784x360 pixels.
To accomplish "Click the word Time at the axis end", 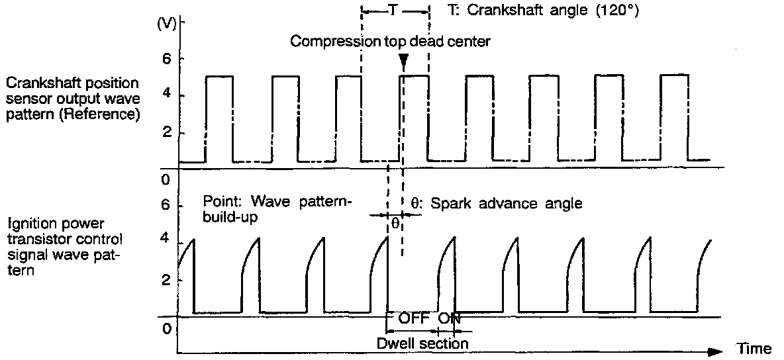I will point(755,349).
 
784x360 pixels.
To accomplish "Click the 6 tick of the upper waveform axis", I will point(166,58).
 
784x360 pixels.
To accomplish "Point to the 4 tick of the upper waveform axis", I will point(166,95).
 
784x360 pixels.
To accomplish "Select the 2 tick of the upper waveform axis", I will point(166,132).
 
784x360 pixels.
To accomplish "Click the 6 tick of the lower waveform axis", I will point(166,206).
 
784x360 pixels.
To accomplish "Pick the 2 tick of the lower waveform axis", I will point(166,280).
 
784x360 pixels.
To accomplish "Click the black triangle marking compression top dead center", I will point(403,61).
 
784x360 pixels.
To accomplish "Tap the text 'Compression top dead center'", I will point(391,42).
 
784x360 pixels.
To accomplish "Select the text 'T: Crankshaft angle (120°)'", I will point(542,11).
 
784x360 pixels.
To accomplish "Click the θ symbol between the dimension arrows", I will point(394,223).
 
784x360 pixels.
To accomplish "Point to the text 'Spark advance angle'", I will point(507,204).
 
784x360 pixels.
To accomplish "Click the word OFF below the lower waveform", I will point(414,318).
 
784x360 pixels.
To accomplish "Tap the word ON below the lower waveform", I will point(450,318).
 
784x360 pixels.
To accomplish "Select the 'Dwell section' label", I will point(422,343).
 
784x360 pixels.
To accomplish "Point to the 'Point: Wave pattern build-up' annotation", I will point(278,208).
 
